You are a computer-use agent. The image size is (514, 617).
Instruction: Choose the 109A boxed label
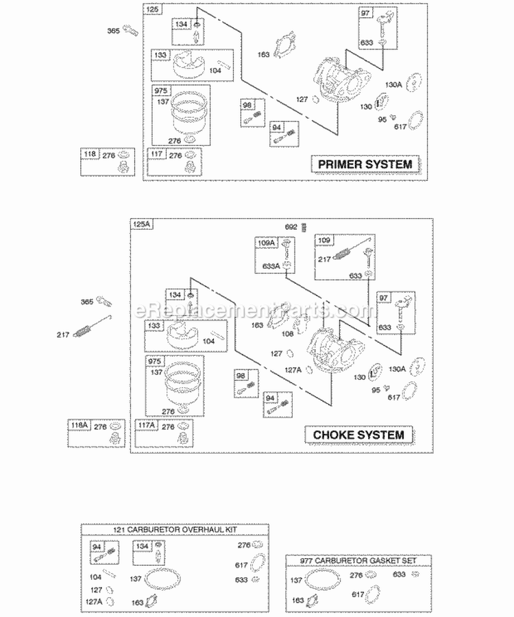[265, 243]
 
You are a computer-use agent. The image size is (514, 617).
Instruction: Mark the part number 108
[288, 335]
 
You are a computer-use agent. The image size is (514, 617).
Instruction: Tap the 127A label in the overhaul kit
[97, 601]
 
